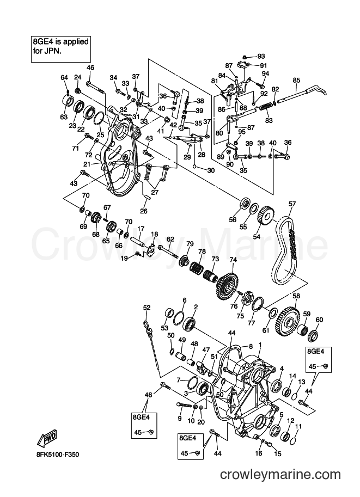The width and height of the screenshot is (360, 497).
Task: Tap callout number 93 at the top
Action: tap(261, 57)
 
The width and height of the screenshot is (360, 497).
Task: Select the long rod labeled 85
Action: tap(302, 94)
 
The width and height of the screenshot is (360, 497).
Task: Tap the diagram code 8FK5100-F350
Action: tap(57, 455)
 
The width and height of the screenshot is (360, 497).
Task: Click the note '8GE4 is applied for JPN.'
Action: tap(61, 46)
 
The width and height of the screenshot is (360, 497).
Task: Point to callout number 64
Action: tap(64, 77)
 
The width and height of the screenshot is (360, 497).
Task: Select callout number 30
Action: tap(211, 170)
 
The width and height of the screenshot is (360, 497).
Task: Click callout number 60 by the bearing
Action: tap(319, 320)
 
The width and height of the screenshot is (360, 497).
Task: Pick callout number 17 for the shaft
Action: tap(141, 228)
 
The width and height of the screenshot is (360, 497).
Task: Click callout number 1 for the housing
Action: tap(260, 345)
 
